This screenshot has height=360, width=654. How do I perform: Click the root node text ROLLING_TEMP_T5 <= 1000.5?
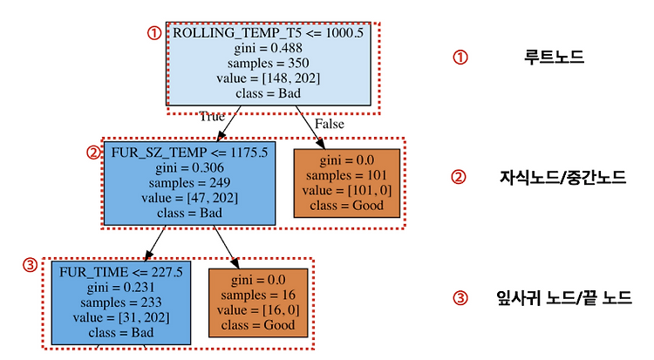tap(269, 33)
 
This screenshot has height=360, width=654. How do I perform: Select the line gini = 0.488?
tap(269, 49)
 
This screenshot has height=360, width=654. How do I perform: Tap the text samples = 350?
tap(269, 64)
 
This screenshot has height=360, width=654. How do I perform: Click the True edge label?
tap(212, 117)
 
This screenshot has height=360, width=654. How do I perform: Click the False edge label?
tap(329, 124)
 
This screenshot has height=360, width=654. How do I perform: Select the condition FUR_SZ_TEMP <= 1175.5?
tap(189, 153)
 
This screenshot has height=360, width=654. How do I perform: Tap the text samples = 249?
tap(189, 183)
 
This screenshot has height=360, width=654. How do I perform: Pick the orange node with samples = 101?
tap(346, 183)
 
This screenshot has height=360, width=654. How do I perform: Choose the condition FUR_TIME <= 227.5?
tap(121, 273)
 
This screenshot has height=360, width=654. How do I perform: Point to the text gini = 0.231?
tap(121, 288)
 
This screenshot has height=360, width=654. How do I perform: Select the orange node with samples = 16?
tap(258, 302)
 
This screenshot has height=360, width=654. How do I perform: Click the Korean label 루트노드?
tap(554, 58)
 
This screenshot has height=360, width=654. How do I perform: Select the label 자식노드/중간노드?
tap(562, 177)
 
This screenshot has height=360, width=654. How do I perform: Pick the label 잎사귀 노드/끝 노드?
tap(564, 298)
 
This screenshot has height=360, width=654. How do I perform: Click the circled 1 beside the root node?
tap(154, 33)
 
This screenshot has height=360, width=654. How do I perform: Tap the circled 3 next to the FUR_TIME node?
tap(30, 265)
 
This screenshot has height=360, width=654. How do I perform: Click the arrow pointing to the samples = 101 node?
tap(310, 127)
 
